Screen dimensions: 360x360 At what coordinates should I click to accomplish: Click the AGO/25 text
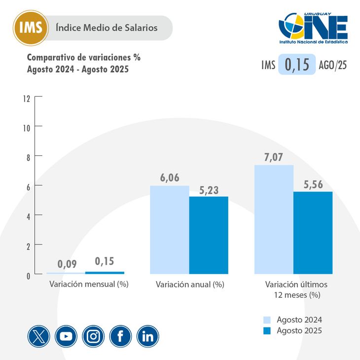pyautogui.click(x=333, y=65)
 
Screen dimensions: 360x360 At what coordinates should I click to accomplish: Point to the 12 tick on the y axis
pyautogui.click(x=26, y=98)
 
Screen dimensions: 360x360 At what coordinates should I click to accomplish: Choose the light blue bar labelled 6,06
pyautogui.click(x=169, y=229)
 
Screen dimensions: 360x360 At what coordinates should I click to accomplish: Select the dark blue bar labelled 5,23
pyautogui.click(x=209, y=235)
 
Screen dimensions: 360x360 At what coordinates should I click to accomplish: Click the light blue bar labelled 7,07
pyautogui.click(x=274, y=219)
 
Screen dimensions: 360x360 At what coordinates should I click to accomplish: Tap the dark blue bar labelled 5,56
pyautogui.click(x=313, y=232)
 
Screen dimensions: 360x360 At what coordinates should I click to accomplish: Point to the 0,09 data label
pyautogui.click(x=67, y=264)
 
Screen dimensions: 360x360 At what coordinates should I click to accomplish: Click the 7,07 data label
pyautogui.click(x=273, y=158)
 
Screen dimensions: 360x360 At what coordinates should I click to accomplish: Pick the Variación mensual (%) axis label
pyautogui.click(x=89, y=285)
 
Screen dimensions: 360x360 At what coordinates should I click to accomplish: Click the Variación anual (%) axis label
pyautogui.click(x=190, y=285)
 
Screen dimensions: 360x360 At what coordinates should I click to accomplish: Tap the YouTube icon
pyautogui.click(x=66, y=336)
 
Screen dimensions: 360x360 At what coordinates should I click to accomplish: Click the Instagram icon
pyautogui.click(x=93, y=336)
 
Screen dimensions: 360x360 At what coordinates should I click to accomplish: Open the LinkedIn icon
pyautogui.click(x=147, y=336)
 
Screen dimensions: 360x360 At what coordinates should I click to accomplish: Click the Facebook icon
pyautogui.click(x=120, y=336)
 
